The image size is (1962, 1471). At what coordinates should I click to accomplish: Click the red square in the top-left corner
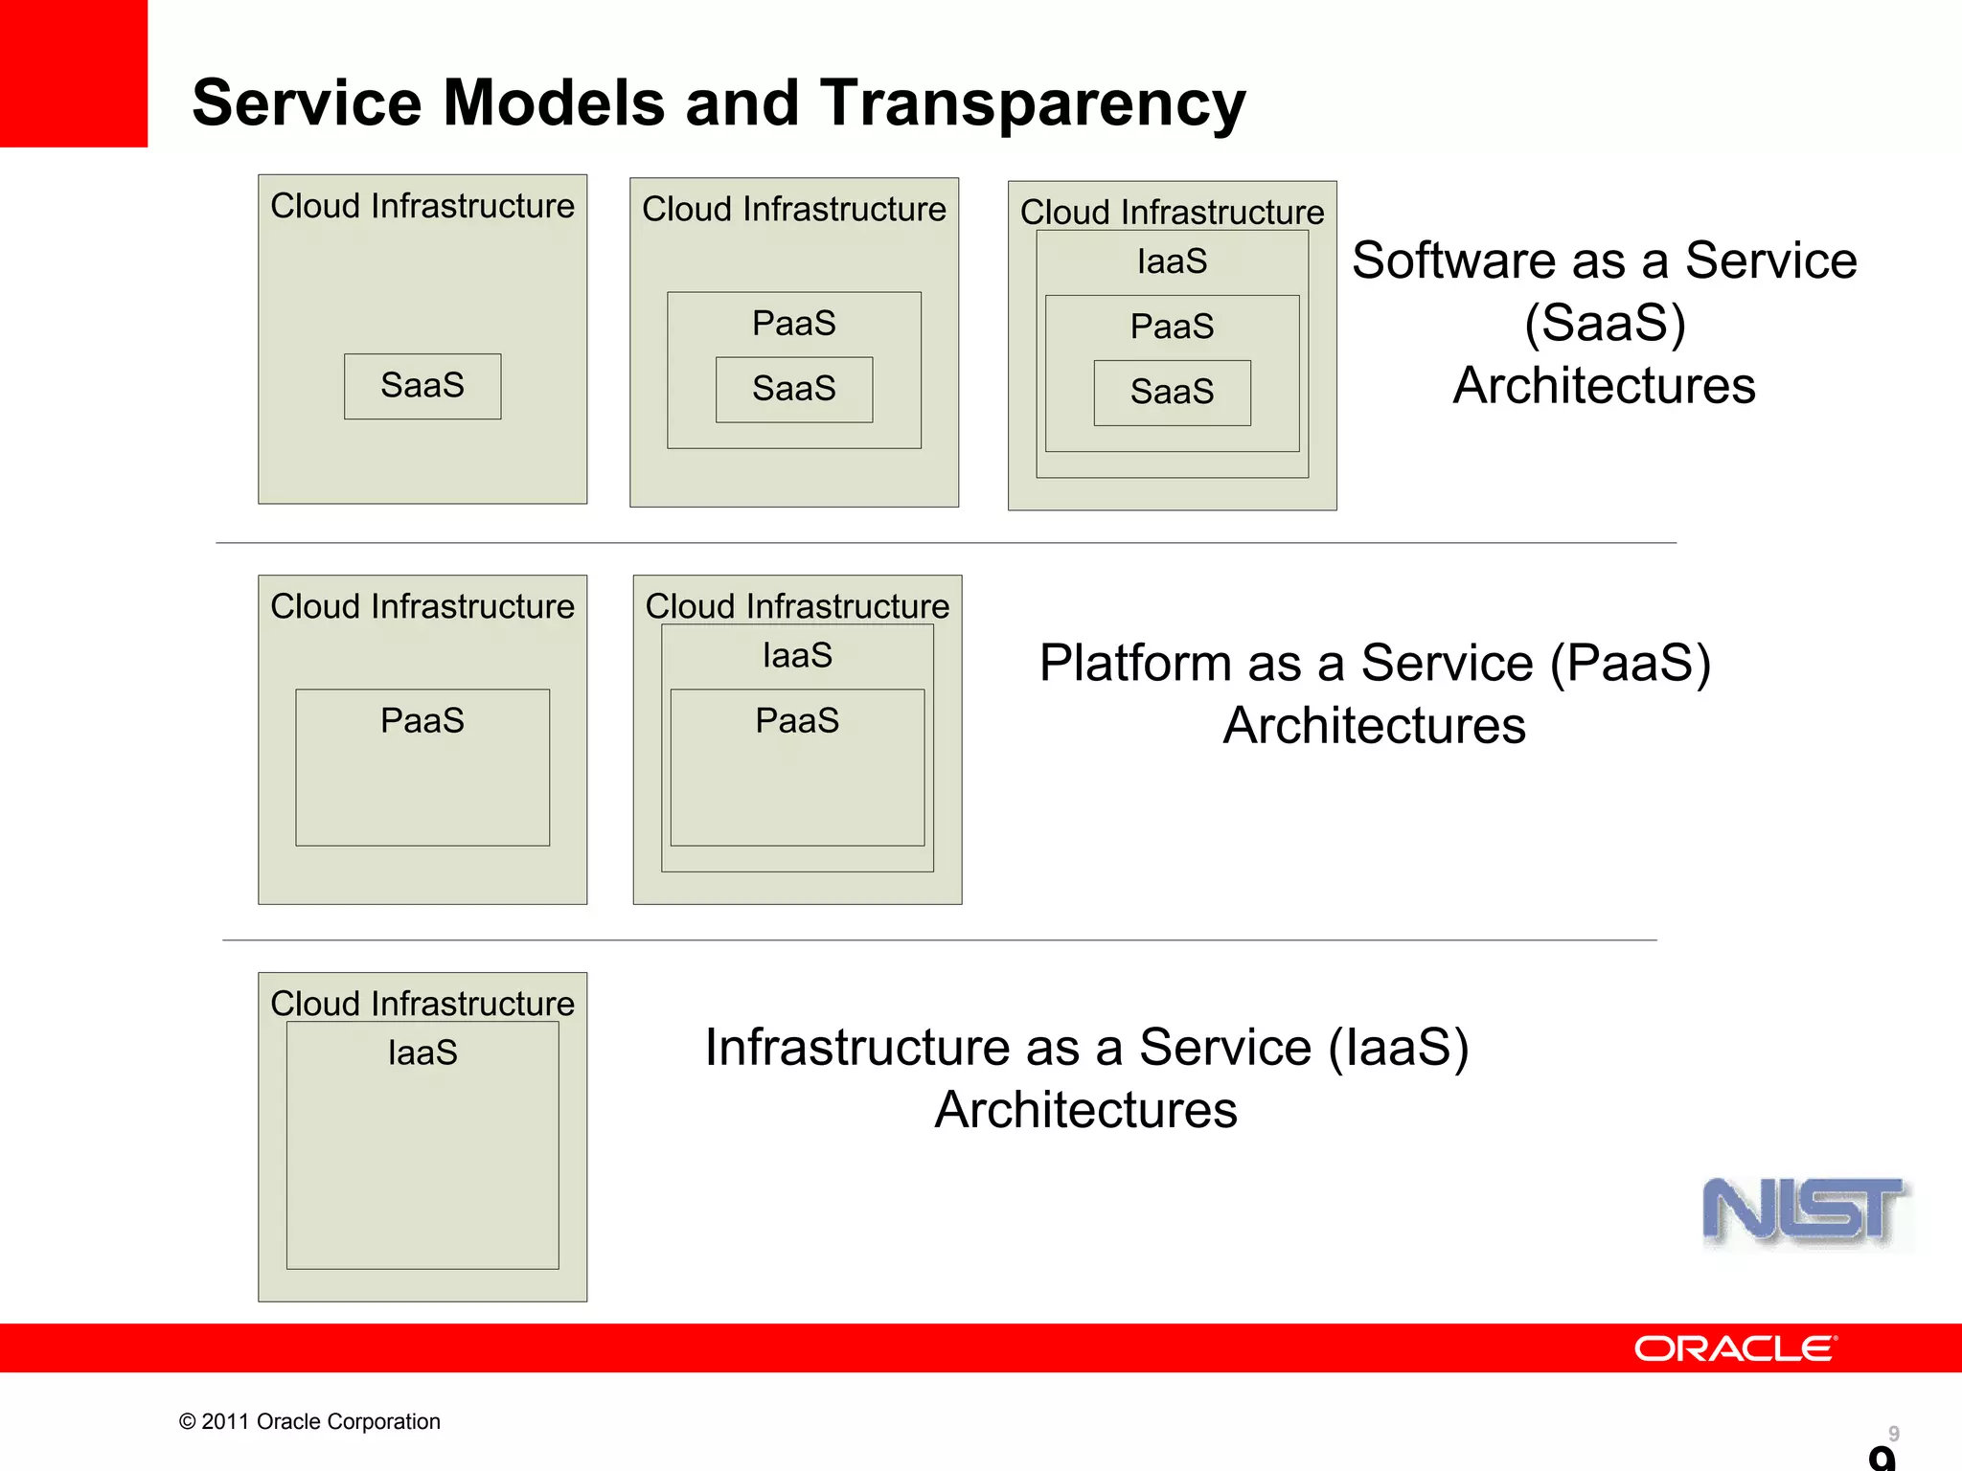coord(73,73)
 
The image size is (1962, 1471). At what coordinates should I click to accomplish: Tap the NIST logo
coord(1806,1211)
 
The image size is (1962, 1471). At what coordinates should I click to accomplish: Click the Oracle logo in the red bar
coord(1735,1348)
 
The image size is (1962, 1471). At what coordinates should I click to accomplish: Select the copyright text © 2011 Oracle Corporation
coord(309,1421)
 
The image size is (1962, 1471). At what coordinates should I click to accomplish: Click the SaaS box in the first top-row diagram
coord(422,386)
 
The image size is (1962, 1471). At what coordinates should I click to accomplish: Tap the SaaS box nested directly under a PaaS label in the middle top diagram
coord(794,389)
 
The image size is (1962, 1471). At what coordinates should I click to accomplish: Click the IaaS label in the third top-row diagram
coord(1172,261)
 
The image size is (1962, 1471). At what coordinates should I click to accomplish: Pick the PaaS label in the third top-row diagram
coord(1172,327)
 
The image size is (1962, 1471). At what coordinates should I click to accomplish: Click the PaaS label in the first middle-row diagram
coord(422,720)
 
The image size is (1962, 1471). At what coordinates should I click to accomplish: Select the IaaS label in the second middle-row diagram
coord(797,656)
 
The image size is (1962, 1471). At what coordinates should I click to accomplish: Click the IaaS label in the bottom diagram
coord(422,1052)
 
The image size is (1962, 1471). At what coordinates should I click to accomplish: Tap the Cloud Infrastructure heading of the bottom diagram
coord(422,1003)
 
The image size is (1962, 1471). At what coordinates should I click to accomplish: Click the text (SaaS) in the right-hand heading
coord(1605,323)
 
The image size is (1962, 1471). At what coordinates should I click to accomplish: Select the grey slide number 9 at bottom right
coord(1893,1433)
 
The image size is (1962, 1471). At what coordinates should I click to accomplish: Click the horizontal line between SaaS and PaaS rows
coord(946,543)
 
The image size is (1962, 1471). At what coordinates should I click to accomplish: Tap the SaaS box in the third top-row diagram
coord(1172,392)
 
